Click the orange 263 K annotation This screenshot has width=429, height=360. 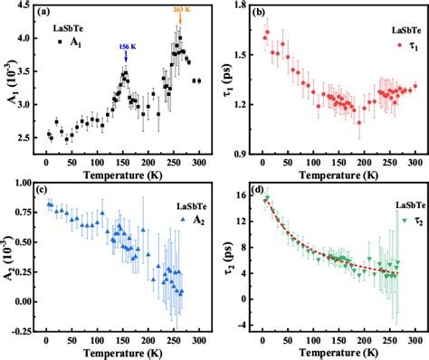182,10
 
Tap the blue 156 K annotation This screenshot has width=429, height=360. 127,47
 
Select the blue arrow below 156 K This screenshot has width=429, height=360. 126,56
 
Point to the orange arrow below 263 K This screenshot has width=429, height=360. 180,19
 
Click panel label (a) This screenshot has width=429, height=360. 43,12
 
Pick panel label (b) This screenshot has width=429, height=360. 259,12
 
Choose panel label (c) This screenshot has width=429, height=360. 43,190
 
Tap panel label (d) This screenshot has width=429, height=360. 259,190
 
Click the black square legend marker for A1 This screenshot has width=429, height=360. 60,43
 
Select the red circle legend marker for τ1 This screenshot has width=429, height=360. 400,45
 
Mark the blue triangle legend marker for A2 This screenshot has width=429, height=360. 182,220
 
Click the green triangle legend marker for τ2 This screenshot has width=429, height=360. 405,221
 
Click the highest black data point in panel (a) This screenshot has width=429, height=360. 180,38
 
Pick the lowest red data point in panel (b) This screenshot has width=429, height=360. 359,122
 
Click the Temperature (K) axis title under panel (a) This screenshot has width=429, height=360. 123,175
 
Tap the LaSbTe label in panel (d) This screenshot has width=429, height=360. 411,205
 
